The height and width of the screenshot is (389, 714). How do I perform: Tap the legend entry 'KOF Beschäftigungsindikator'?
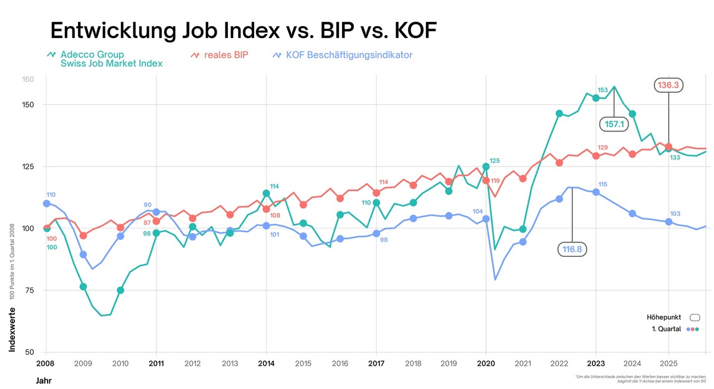[x=349, y=55]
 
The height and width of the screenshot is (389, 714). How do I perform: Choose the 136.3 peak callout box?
[x=668, y=86]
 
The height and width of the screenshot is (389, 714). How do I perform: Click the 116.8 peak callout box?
[x=572, y=249]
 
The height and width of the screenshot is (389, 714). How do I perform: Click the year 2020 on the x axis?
[x=486, y=362]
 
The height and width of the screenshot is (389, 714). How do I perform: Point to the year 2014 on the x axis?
[x=266, y=362]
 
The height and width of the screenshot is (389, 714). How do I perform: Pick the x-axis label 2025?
[x=669, y=362]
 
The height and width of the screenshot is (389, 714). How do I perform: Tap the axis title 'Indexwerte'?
[x=12, y=330]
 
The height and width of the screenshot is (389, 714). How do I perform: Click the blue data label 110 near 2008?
[x=51, y=195]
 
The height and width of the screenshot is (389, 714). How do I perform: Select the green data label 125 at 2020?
[x=495, y=161]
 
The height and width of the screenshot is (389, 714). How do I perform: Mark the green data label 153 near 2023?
[x=603, y=90]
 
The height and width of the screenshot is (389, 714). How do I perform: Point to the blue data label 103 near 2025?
[x=675, y=214]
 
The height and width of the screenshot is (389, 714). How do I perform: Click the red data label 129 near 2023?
[x=603, y=148]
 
